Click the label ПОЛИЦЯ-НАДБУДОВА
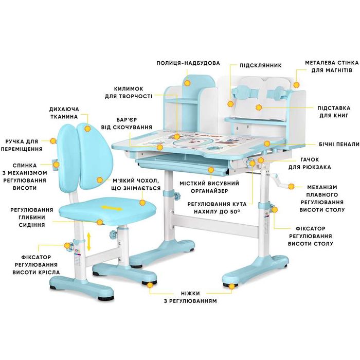tap(188, 63)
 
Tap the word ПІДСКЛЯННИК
tap(261, 65)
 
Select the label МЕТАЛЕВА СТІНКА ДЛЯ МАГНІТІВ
tap(332, 66)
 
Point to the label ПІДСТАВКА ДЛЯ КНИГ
tap(334, 112)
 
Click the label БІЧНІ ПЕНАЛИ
tap(339, 144)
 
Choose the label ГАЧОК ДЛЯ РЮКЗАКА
tap(310, 163)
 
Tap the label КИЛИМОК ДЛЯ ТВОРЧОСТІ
tap(129, 92)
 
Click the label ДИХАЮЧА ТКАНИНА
tap(64, 113)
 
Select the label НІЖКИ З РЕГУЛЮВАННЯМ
tap(190, 297)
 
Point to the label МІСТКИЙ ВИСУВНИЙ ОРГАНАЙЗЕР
tap(209, 187)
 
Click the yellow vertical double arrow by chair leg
tap(89, 241)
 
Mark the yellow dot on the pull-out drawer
tap(211, 170)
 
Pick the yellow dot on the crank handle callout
tap(291, 186)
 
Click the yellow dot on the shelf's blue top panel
tap(188, 83)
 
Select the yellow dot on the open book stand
tap(259, 107)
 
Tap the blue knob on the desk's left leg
tap(177, 196)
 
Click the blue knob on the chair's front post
tap(113, 234)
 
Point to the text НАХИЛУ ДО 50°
tap(217, 211)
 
